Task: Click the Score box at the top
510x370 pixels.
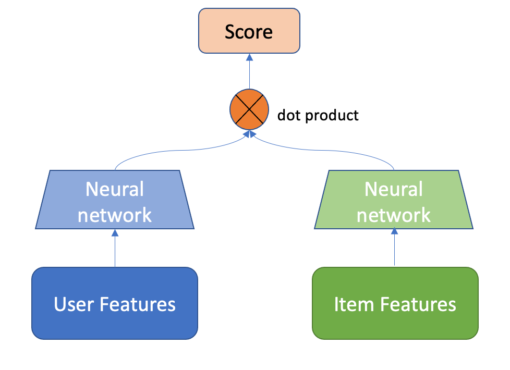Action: coord(249,31)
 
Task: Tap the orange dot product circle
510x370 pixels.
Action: coord(249,111)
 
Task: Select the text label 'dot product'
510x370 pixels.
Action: coord(318,115)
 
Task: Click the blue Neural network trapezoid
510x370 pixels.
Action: coord(115,201)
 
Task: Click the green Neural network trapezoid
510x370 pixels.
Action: coord(394,201)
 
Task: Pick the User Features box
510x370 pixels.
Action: coord(115,303)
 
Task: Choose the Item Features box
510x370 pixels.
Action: coord(395,303)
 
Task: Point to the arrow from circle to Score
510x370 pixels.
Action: coord(249,73)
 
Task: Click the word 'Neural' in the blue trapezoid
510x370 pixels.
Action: coord(115,189)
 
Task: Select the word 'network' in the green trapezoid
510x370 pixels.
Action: coord(394,214)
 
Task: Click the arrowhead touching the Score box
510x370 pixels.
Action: coord(249,57)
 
